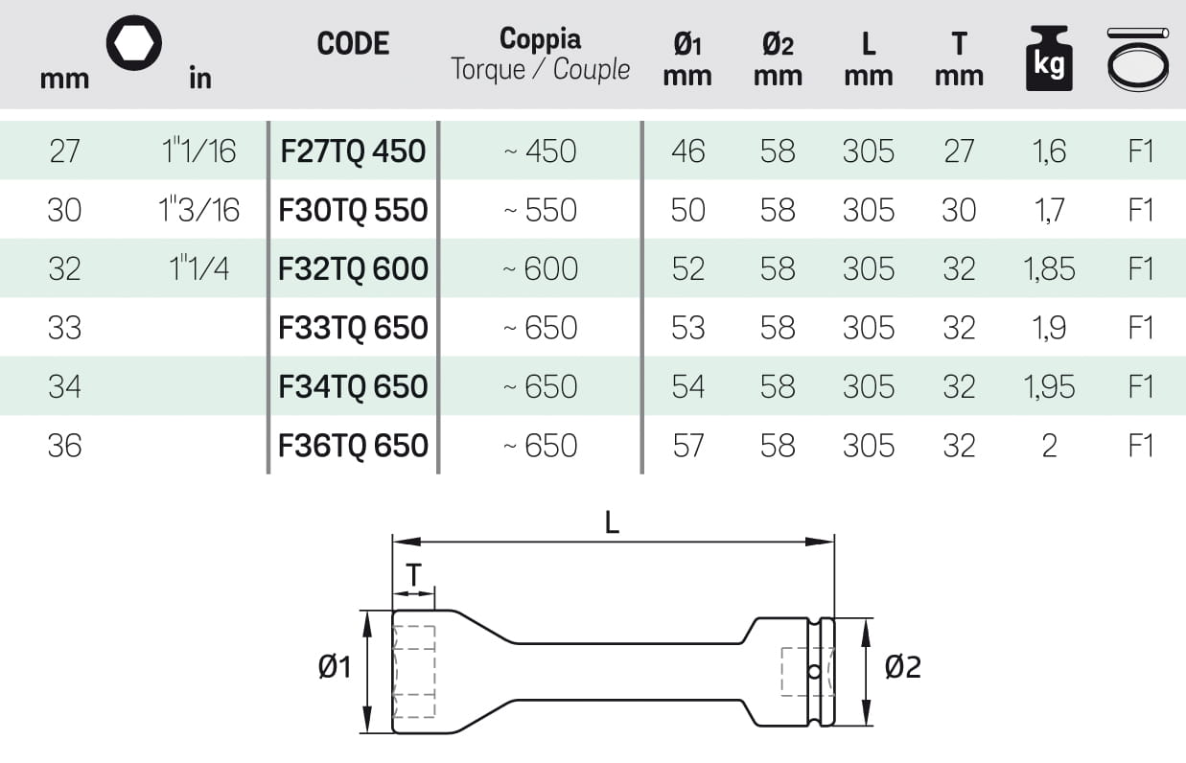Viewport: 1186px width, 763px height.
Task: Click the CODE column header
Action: pyautogui.click(x=353, y=44)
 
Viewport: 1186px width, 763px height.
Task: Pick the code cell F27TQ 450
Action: pyautogui.click(x=353, y=151)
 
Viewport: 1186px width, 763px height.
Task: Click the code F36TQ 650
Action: pyautogui.click(x=353, y=446)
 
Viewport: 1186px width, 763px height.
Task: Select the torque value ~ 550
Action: pyautogui.click(x=541, y=211)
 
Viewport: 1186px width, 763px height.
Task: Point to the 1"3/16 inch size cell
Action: pyautogui.click(x=199, y=210)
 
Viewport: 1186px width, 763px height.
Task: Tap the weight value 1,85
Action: pyautogui.click(x=1049, y=269)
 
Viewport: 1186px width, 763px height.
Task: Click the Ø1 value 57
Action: pyautogui.click(x=688, y=446)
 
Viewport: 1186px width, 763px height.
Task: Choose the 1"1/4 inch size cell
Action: pyautogui.click(x=199, y=269)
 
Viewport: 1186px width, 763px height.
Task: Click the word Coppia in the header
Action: pyautogui.click(x=540, y=39)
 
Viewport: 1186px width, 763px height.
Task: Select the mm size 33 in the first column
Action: pyautogui.click(x=64, y=328)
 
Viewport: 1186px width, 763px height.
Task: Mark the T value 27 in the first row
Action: pyautogui.click(x=959, y=151)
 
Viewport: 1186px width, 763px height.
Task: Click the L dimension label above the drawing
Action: pyautogui.click(x=612, y=522)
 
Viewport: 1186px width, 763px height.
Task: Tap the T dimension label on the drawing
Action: pyautogui.click(x=413, y=575)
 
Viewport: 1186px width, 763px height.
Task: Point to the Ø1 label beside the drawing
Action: pyautogui.click(x=336, y=667)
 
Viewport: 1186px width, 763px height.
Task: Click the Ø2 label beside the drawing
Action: pyautogui.click(x=902, y=667)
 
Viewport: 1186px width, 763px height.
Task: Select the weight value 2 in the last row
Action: pyautogui.click(x=1049, y=446)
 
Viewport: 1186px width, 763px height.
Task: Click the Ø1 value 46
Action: pyautogui.click(x=688, y=151)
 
